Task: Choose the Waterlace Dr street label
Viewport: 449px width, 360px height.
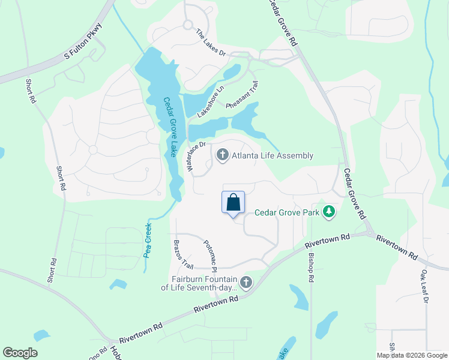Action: tap(196, 157)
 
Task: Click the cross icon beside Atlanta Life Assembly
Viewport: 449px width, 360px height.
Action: tap(222, 156)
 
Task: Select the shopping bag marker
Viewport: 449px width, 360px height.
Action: tap(234, 203)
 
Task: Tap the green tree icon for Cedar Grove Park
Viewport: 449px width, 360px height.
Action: tap(328, 211)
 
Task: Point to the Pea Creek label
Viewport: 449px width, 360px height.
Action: tap(148, 240)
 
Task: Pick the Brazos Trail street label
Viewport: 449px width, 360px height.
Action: tap(184, 254)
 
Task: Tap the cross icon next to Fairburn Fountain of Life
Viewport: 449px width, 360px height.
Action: tap(246, 282)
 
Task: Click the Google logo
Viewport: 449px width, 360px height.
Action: tap(20, 353)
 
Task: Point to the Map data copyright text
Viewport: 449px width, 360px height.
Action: tap(411, 355)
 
